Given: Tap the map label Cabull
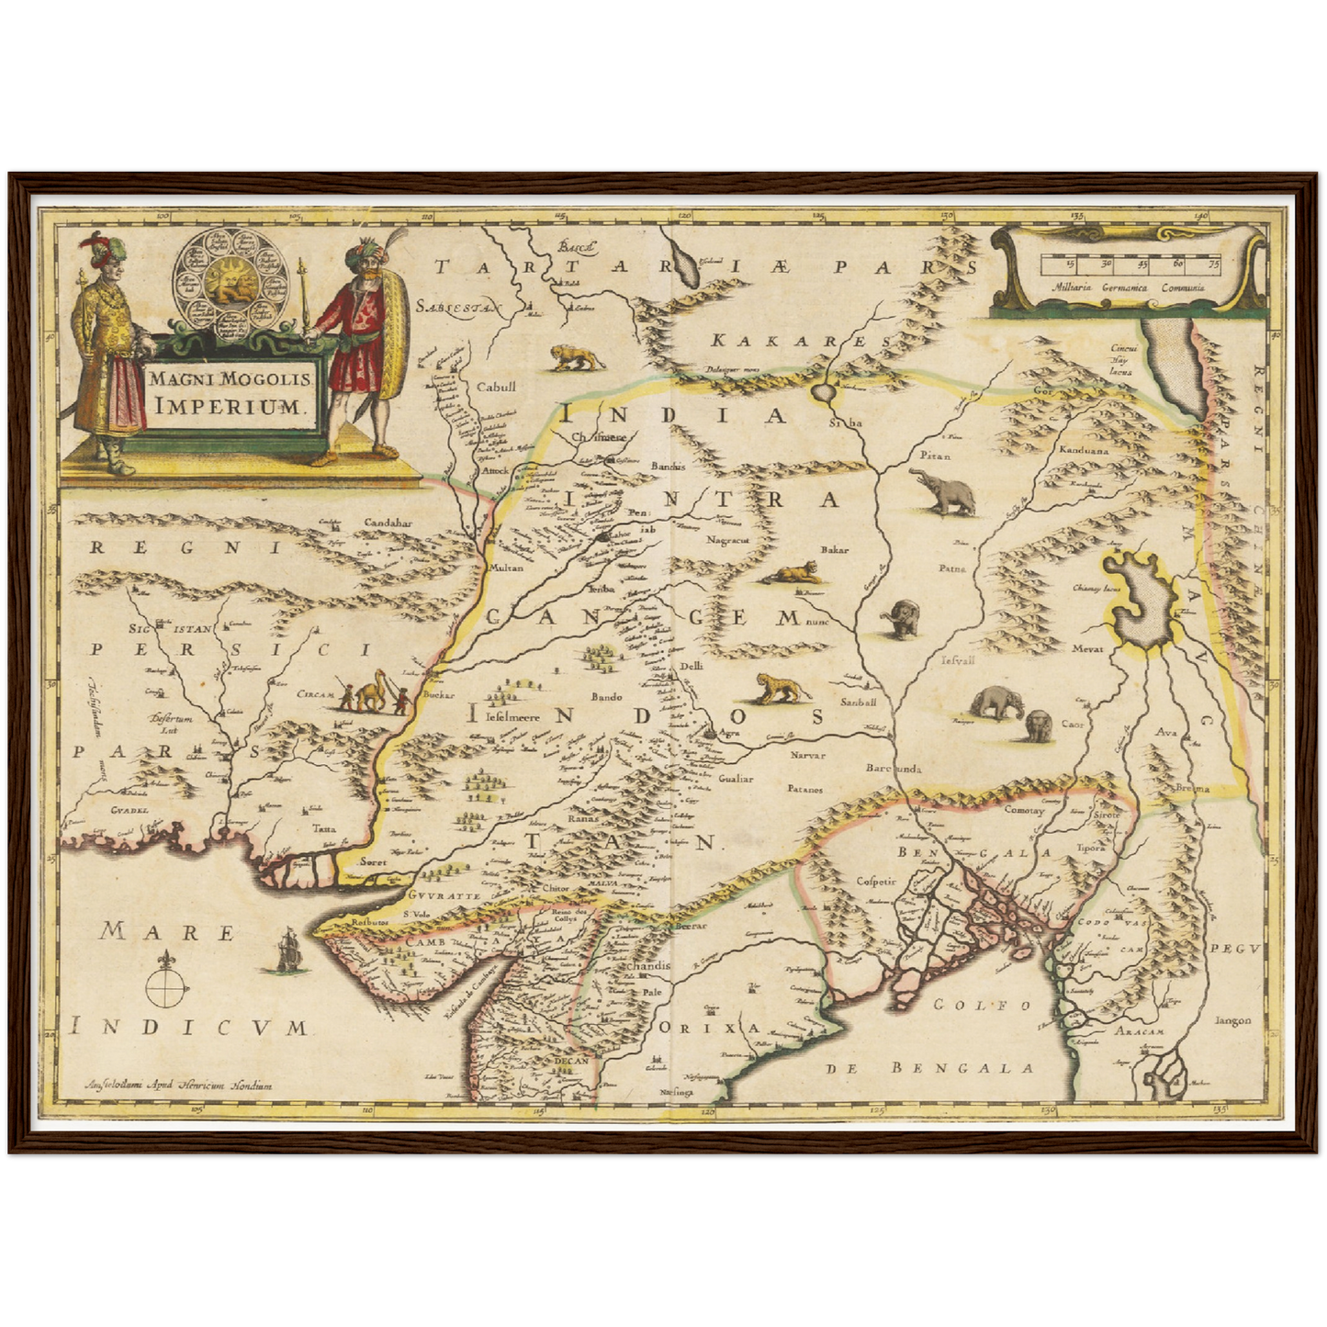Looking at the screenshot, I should (x=497, y=387).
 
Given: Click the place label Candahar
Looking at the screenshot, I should (x=388, y=523).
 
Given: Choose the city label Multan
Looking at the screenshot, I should (x=504, y=568).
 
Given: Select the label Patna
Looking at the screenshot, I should (x=952, y=568).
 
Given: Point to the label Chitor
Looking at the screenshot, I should (x=556, y=889).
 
